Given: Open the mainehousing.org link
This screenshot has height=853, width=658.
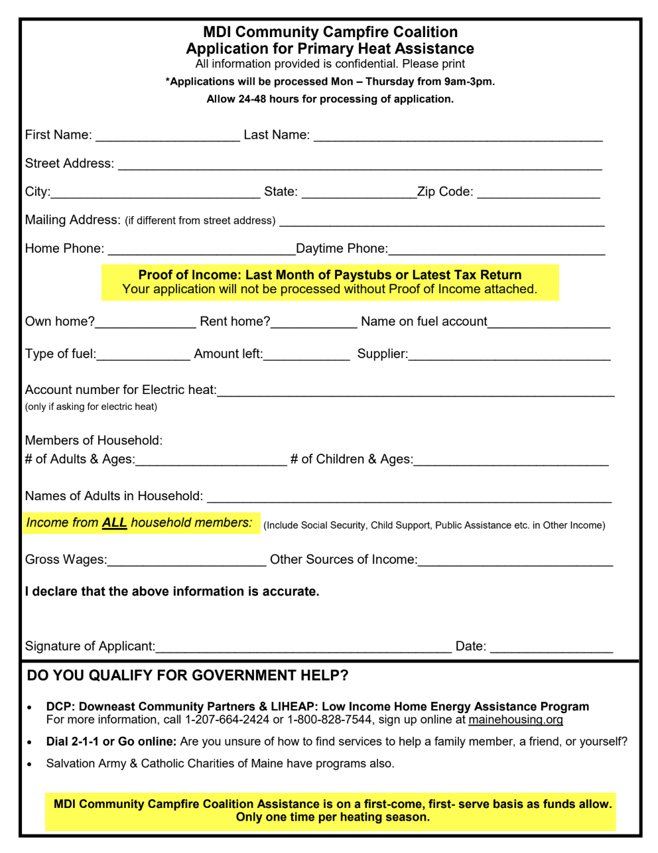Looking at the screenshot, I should point(515,720).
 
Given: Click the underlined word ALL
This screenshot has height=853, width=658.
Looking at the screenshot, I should point(114,523).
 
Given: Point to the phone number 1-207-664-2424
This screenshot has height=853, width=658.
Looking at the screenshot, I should point(227,720).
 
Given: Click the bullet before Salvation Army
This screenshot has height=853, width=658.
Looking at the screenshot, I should point(29,764).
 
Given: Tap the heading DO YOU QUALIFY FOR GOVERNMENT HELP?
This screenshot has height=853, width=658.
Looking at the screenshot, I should point(187,676).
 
